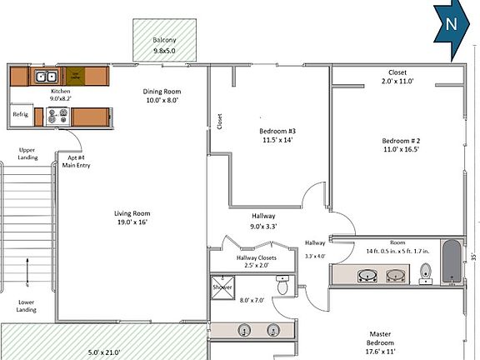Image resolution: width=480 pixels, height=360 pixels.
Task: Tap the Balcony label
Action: [163, 41]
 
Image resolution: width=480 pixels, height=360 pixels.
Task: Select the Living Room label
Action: [132, 214]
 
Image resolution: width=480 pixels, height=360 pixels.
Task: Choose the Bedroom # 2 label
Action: [401, 140]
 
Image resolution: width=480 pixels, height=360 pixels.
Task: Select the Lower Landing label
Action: [27, 307]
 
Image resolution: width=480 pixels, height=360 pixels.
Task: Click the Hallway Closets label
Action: [256, 257]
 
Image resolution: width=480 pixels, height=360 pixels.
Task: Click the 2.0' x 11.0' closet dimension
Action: [397, 82]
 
